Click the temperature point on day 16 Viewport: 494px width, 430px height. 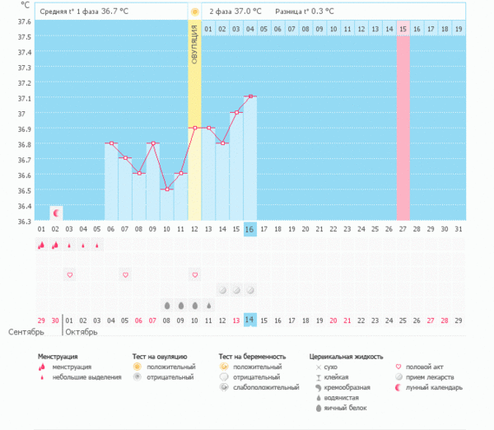250,96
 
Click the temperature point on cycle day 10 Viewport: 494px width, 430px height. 166,189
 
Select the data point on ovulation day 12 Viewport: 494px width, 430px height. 194,128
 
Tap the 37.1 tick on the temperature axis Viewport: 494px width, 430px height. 24,97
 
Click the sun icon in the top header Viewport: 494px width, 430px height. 194,12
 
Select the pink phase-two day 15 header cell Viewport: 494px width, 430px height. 403,29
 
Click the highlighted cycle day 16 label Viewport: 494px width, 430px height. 250,228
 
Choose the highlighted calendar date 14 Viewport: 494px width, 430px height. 250,320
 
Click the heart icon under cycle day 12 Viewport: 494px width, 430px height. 194,274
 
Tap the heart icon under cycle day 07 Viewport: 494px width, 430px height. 125,274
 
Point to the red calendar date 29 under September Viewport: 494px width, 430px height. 41,320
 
